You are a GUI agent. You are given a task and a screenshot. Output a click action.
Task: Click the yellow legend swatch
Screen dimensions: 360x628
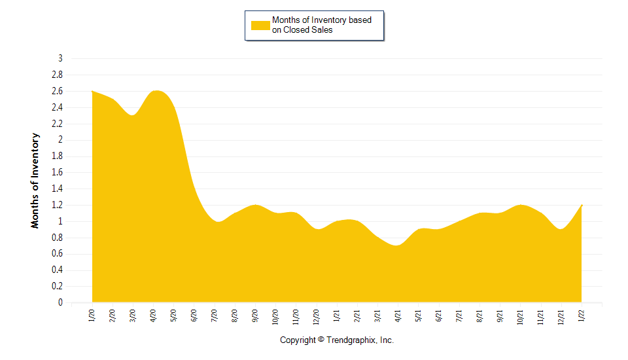(261, 25)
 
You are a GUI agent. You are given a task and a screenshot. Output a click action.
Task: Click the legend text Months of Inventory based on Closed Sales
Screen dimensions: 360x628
(321, 25)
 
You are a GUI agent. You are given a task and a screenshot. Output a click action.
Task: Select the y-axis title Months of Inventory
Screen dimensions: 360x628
(35, 181)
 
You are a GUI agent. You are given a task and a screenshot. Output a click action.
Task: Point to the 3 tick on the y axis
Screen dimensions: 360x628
(60, 58)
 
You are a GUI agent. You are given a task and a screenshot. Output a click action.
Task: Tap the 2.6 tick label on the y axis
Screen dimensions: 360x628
(57, 91)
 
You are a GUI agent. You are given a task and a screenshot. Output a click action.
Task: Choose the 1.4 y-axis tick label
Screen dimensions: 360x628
(57, 189)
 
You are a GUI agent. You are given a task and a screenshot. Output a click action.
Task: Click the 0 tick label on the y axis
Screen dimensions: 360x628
(60, 303)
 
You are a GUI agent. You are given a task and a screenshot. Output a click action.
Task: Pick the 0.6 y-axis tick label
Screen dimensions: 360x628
(57, 254)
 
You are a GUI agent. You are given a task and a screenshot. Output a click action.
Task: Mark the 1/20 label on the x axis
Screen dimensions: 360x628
(92, 316)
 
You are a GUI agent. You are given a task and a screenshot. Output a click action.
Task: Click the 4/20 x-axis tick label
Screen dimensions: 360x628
(153, 316)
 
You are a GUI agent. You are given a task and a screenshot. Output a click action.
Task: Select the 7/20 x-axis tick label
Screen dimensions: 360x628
(215, 316)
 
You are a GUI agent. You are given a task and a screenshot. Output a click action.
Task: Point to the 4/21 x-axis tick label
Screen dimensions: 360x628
(398, 316)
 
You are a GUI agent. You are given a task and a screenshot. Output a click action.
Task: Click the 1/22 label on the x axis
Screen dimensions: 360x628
(582, 316)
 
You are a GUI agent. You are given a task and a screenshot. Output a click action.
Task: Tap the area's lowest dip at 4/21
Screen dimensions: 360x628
(398, 245)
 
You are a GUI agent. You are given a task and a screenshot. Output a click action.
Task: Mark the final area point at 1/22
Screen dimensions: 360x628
(581, 206)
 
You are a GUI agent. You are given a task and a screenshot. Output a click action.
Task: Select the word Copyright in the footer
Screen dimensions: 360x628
(298, 340)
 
